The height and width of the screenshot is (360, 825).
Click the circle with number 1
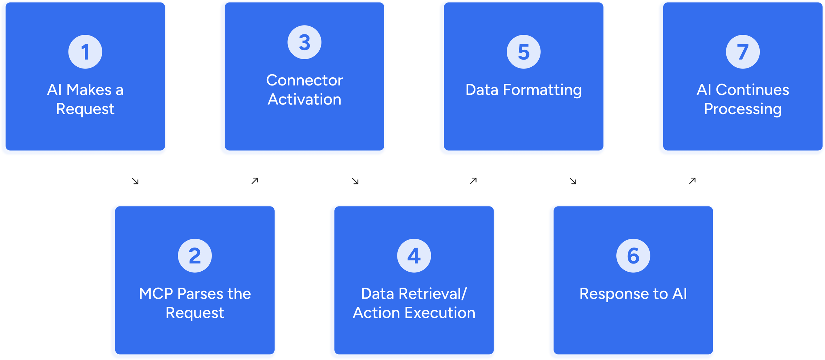pyautogui.click(x=85, y=52)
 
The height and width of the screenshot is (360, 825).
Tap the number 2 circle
pyautogui.click(x=195, y=256)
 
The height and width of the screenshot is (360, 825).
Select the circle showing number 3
pyautogui.click(x=304, y=42)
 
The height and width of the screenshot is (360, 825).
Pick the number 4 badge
pyautogui.click(x=414, y=256)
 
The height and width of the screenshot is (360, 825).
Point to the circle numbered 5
pyautogui.click(x=523, y=52)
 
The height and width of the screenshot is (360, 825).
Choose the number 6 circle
pyautogui.click(x=633, y=256)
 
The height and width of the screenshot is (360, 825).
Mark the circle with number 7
pyautogui.click(x=743, y=52)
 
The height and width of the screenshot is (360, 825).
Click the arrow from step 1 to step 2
pyautogui.click(x=135, y=181)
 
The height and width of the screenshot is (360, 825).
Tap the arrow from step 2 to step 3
pyautogui.click(x=255, y=181)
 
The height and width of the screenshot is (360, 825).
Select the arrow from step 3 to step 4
pyautogui.click(x=355, y=181)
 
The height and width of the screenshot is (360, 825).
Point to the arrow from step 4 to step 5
pyautogui.click(x=473, y=181)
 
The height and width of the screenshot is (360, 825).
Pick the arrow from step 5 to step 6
pyautogui.click(x=573, y=181)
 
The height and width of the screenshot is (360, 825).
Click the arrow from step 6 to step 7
pyautogui.click(x=692, y=181)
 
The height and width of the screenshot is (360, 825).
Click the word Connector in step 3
pyautogui.click(x=304, y=81)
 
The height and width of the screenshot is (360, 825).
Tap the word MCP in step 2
pyautogui.click(x=156, y=294)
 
